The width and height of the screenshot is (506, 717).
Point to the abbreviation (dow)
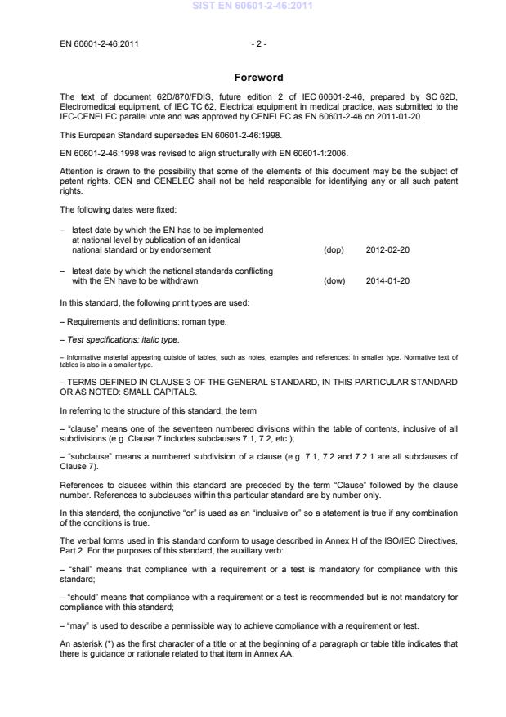click(334, 280)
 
